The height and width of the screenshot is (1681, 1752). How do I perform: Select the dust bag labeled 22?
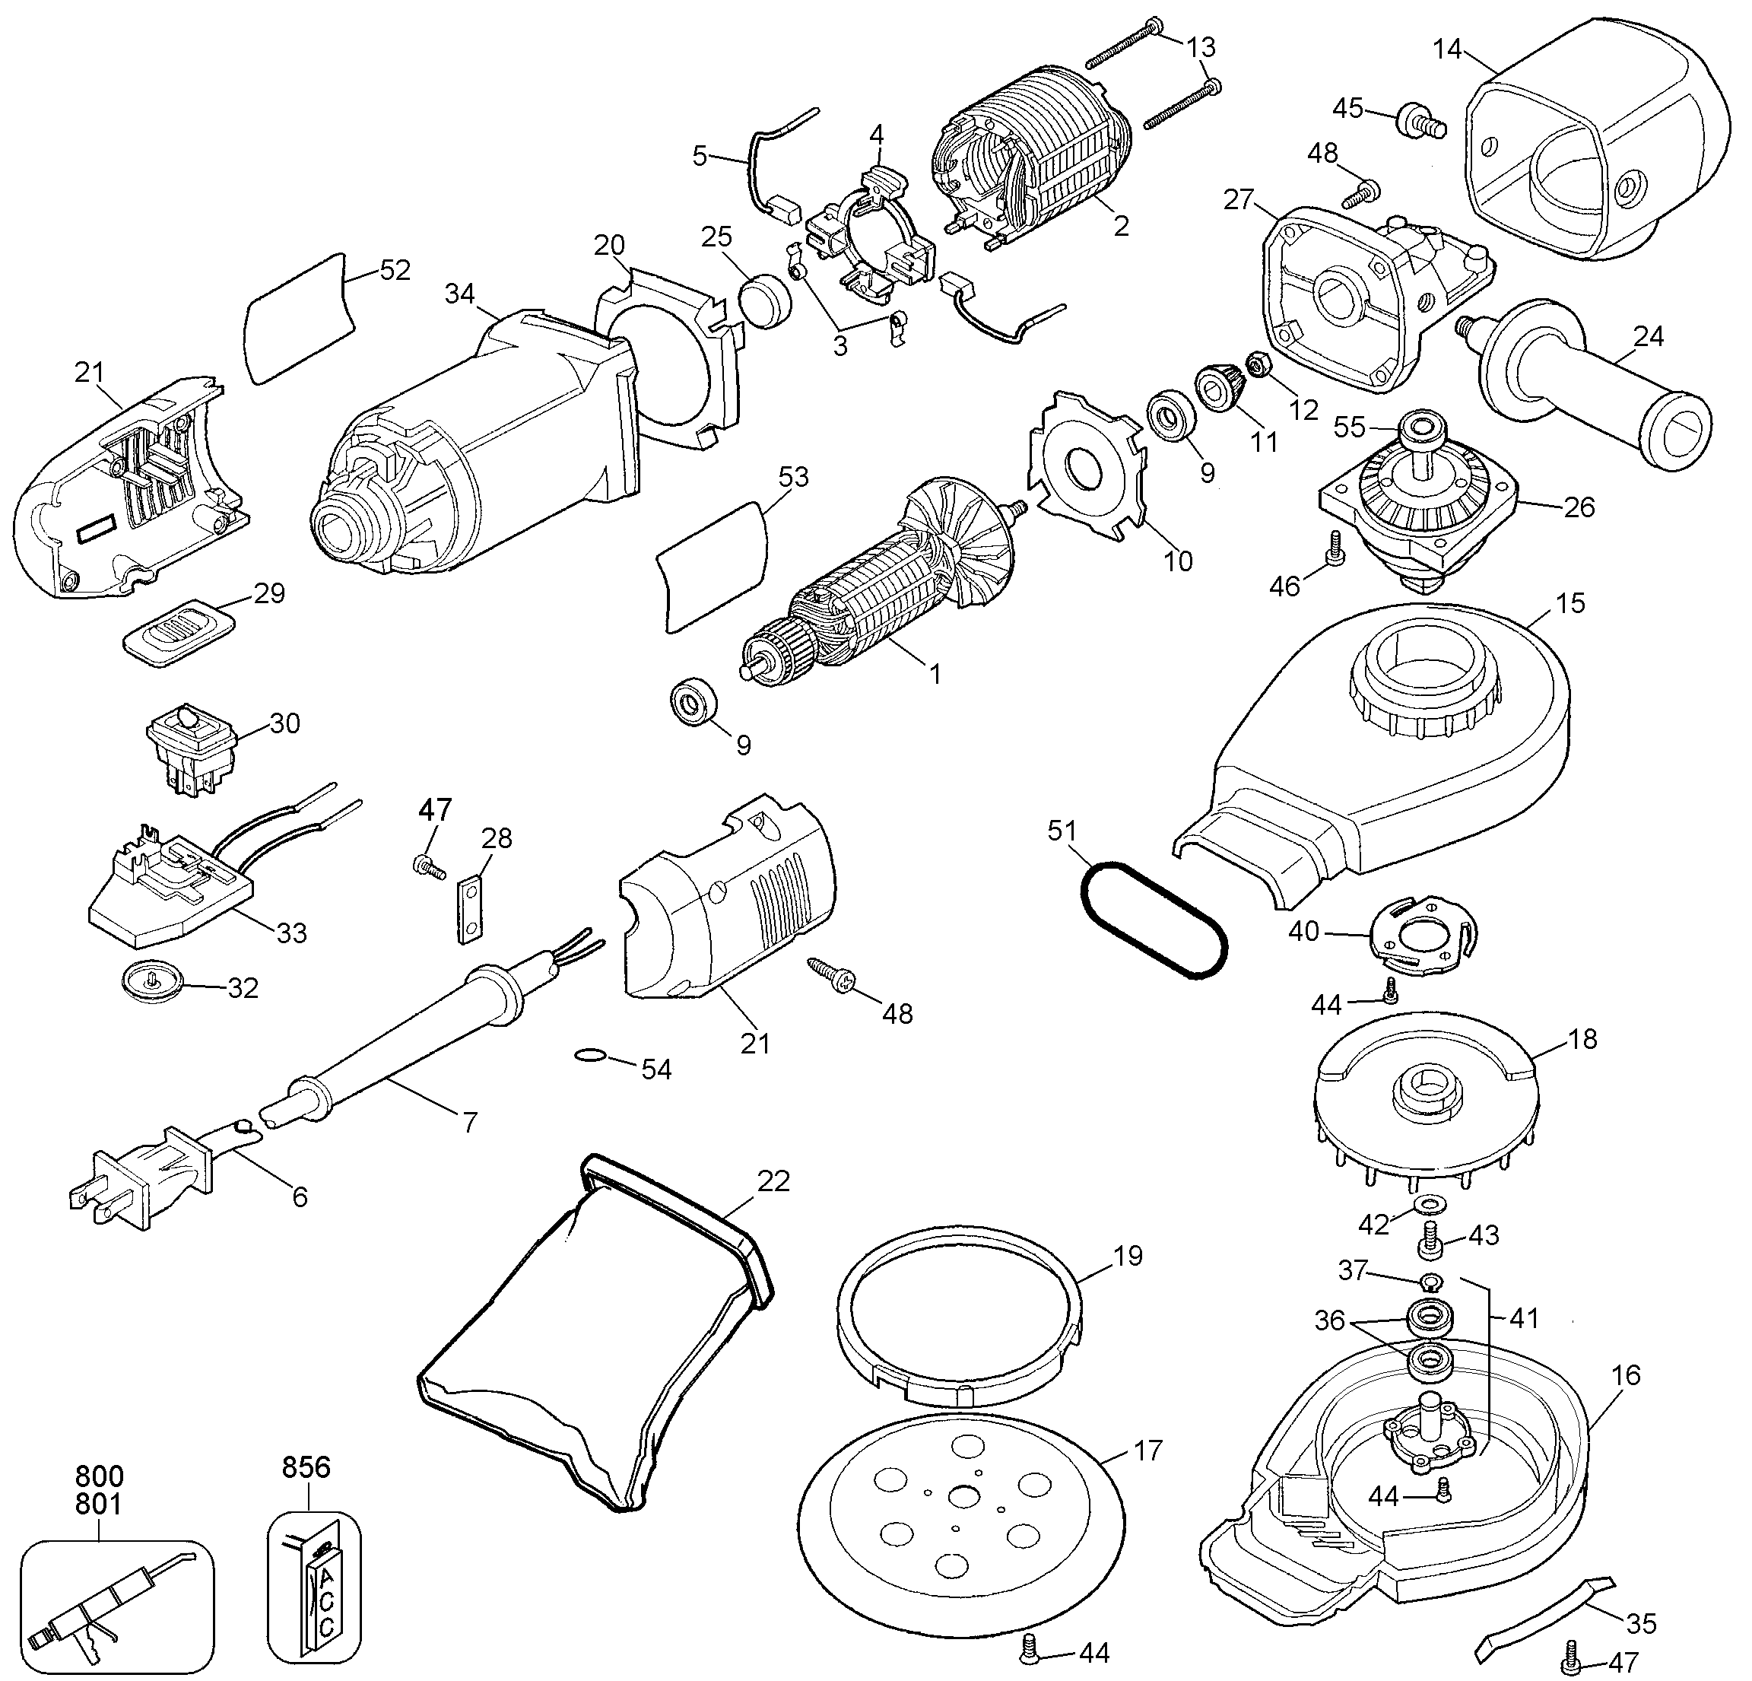click(x=590, y=1341)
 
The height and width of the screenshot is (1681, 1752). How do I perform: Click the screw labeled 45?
click(x=1414, y=119)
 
